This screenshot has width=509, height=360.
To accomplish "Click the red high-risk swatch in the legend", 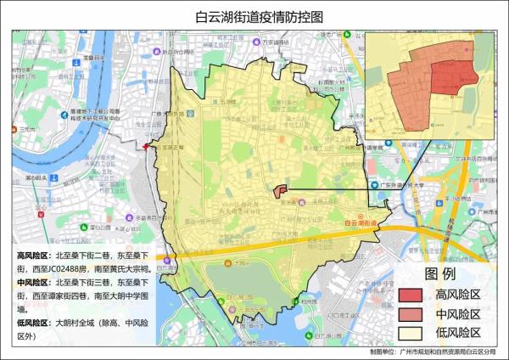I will [x=411, y=295].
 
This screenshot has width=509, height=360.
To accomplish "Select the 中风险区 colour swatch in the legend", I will [x=411, y=313].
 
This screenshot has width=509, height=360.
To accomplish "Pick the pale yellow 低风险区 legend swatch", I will [x=411, y=332].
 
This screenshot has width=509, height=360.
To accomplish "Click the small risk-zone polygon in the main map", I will [x=281, y=192].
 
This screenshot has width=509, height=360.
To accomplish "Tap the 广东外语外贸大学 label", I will [x=402, y=184].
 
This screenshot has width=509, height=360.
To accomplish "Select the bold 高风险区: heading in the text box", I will [x=33, y=255].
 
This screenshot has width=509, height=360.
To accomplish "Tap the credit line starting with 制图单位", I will [x=435, y=352].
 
